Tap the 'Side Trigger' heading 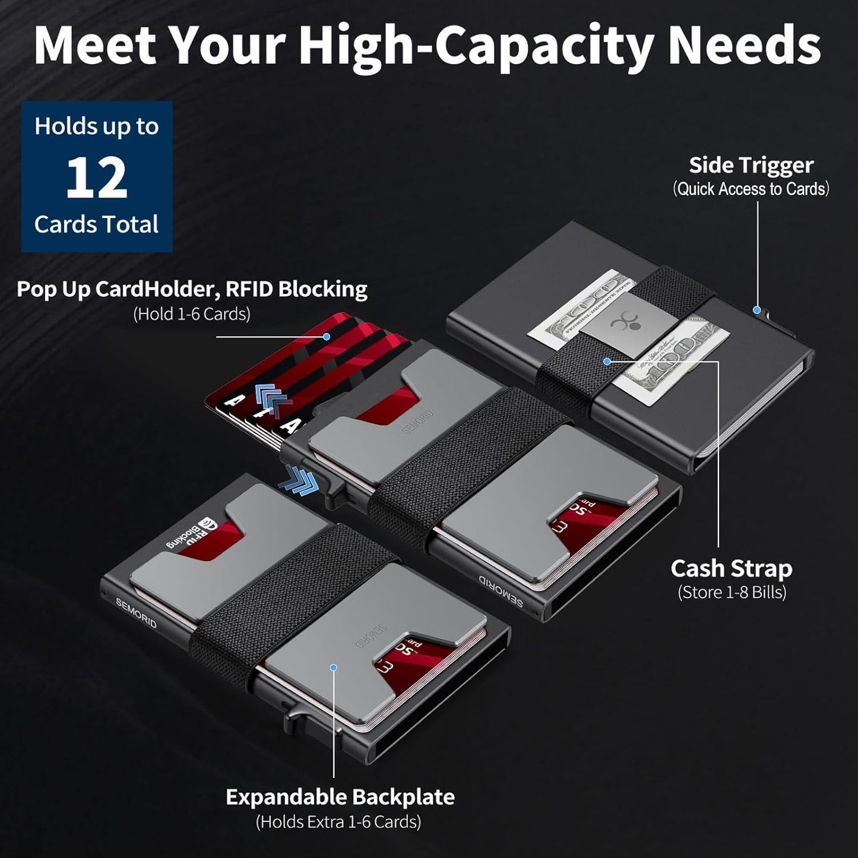(751, 165)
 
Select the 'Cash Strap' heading (731, 568)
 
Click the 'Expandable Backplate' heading (340, 796)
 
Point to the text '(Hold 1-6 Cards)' (191, 314)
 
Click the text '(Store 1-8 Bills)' (732, 592)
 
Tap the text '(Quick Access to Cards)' (751, 189)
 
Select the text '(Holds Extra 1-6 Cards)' (338, 822)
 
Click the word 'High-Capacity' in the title (475, 46)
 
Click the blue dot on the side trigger (756, 309)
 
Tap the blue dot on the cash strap (607, 361)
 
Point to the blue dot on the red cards (326, 337)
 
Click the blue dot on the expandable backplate (333, 667)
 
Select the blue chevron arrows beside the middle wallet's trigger (300, 479)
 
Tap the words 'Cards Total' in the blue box (96, 224)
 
